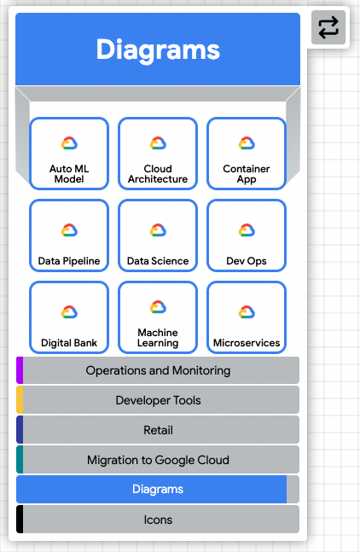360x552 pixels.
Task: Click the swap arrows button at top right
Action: (328, 27)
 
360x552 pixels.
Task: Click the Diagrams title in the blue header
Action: (158, 49)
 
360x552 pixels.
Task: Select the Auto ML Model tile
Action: (69, 154)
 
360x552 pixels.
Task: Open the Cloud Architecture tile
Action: (158, 154)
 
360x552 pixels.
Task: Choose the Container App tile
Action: (247, 154)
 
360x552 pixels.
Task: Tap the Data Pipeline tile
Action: (69, 235)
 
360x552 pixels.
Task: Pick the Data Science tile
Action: (158, 235)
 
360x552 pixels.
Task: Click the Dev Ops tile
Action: (247, 235)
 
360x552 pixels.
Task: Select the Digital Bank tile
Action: (69, 317)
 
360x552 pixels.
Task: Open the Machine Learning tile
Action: (158, 317)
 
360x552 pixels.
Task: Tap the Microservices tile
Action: (247, 317)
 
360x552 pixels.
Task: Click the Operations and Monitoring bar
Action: (158, 370)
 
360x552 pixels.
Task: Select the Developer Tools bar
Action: (158, 400)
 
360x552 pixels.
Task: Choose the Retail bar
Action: (158, 430)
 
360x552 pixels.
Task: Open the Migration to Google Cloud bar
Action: (158, 460)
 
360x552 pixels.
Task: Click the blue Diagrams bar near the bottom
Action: (152, 490)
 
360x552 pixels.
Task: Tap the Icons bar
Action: (158, 520)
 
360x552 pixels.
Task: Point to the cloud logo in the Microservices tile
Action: (247, 312)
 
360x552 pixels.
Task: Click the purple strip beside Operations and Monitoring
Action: (20, 370)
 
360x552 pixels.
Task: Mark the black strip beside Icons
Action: (20, 520)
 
